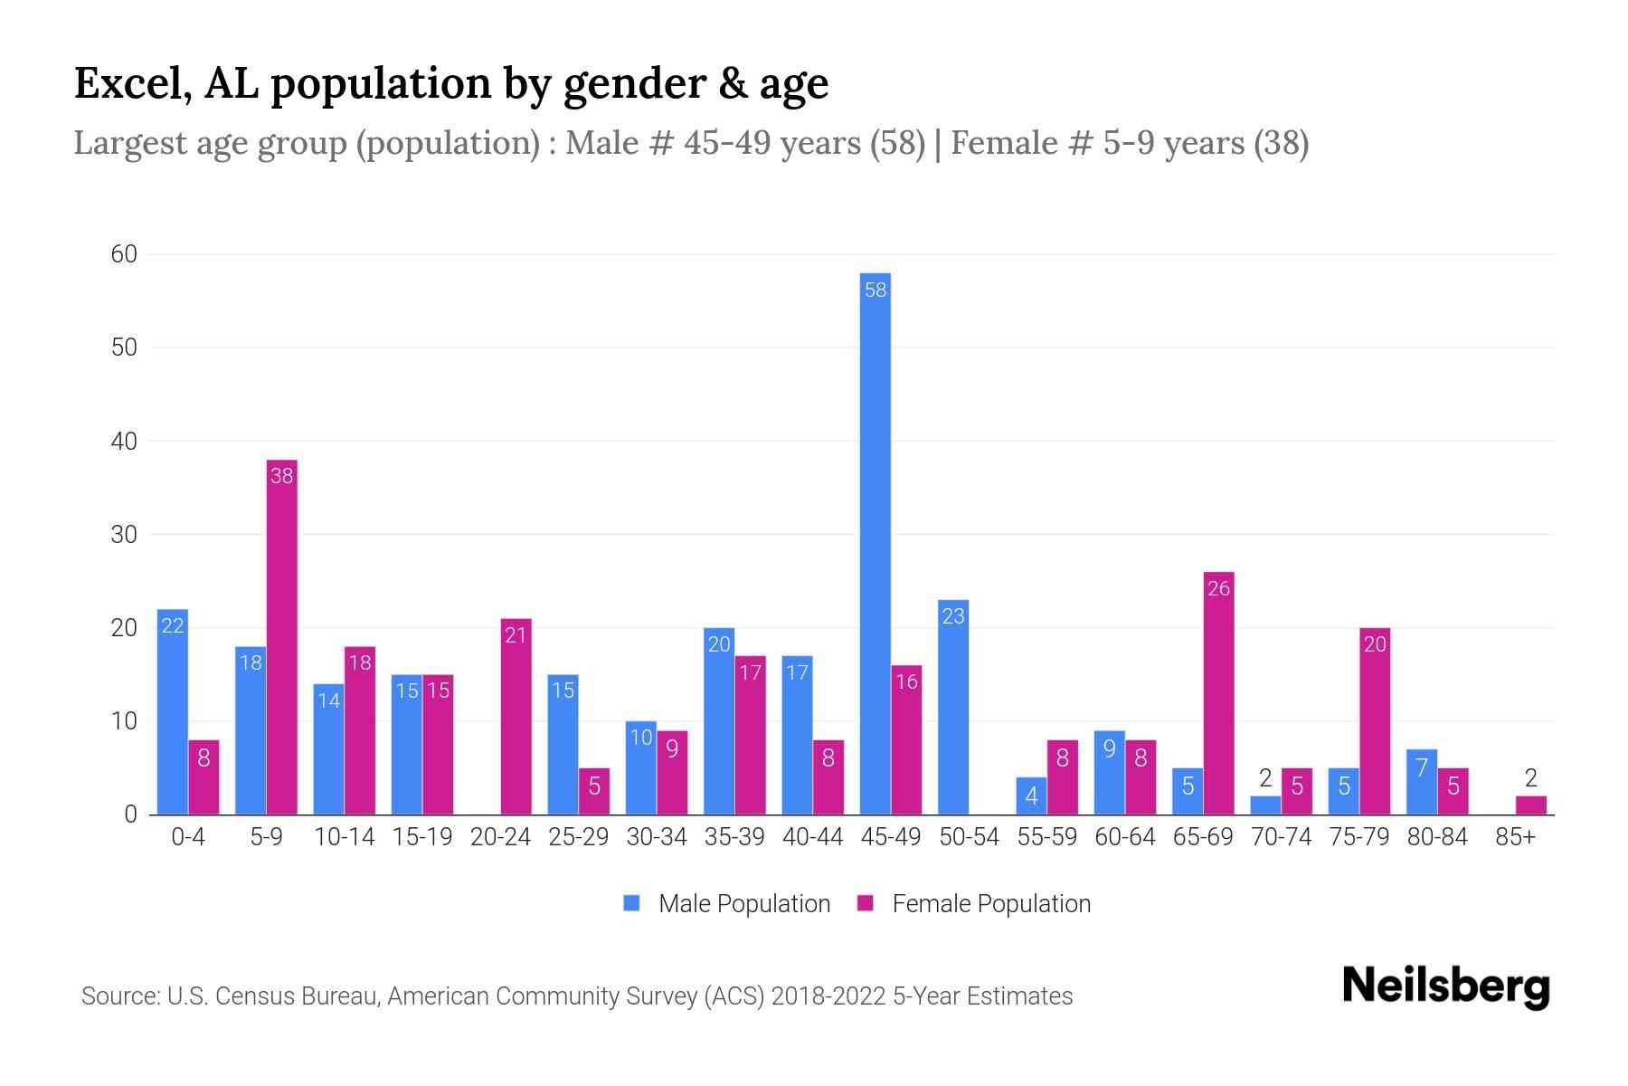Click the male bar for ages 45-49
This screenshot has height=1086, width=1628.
[x=875, y=543]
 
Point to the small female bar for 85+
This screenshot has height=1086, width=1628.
[x=1530, y=805]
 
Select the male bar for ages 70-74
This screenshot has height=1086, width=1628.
[x=1265, y=805]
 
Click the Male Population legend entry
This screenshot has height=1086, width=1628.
[x=727, y=903]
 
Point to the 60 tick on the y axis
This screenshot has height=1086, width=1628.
[x=124, y=254]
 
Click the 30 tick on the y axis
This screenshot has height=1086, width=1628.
[x=124, y=535]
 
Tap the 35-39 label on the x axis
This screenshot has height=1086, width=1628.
[x=734, y=837]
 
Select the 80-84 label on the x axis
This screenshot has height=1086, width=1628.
[x=1437, y=837]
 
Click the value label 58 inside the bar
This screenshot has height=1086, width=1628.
[x=876, y=290]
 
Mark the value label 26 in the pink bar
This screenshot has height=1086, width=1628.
[x=1218, y=588]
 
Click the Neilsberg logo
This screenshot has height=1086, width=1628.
[x=1445, y=986]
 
